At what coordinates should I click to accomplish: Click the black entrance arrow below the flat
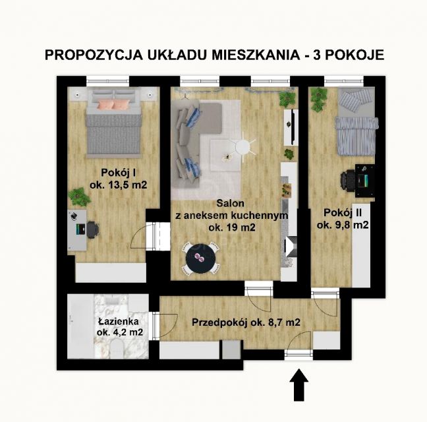[300, 384]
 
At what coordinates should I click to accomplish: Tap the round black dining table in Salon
[200, 258]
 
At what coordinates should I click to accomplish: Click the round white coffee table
[244, 146]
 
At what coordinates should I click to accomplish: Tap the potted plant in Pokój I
[80, 195]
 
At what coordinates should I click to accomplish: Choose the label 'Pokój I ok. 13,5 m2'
[115, 179]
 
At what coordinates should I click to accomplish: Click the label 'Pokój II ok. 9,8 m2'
[342, 219]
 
